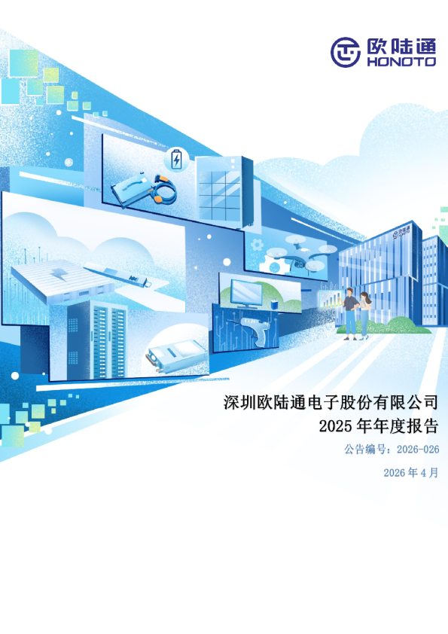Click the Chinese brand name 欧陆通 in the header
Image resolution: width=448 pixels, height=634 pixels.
400,46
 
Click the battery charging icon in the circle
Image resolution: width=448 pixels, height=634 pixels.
176,160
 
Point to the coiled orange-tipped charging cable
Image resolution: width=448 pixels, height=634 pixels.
160,191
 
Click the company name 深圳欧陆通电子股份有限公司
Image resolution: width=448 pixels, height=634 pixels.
331,401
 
